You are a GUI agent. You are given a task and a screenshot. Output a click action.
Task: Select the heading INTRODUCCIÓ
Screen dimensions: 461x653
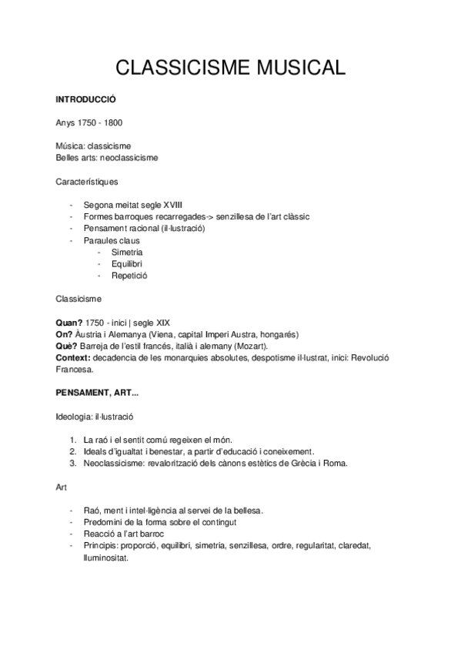pos(85,100)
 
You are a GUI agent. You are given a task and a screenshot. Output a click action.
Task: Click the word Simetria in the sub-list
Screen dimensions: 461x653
pos(127,252)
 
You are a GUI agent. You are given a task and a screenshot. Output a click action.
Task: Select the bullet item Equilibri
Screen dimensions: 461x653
pos(127,263)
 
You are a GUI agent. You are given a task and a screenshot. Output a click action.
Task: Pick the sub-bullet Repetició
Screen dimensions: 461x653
pos(129,275)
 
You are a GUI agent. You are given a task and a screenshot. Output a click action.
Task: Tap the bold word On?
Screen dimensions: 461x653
pos(65,334)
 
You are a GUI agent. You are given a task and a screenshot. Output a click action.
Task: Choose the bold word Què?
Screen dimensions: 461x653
pos(67,346)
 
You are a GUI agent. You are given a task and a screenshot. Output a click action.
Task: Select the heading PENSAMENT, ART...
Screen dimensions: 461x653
pos(96,392)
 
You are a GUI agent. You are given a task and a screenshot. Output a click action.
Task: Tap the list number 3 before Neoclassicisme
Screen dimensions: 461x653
pos(72,463)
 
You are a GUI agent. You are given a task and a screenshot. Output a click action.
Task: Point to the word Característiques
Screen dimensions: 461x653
pos(87,181)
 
